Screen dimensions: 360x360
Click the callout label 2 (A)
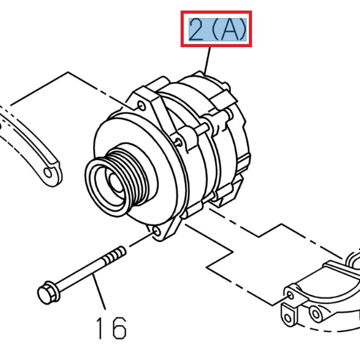click(x=218, y=29)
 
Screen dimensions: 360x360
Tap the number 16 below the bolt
click(x=110, y=326)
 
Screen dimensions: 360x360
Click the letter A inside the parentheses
click(x=227, y=29)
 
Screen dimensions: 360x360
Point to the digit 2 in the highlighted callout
click(x=196, y=29)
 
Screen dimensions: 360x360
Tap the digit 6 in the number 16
click(x=119, y=326)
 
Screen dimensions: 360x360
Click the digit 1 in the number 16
click(x=101, y=326)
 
